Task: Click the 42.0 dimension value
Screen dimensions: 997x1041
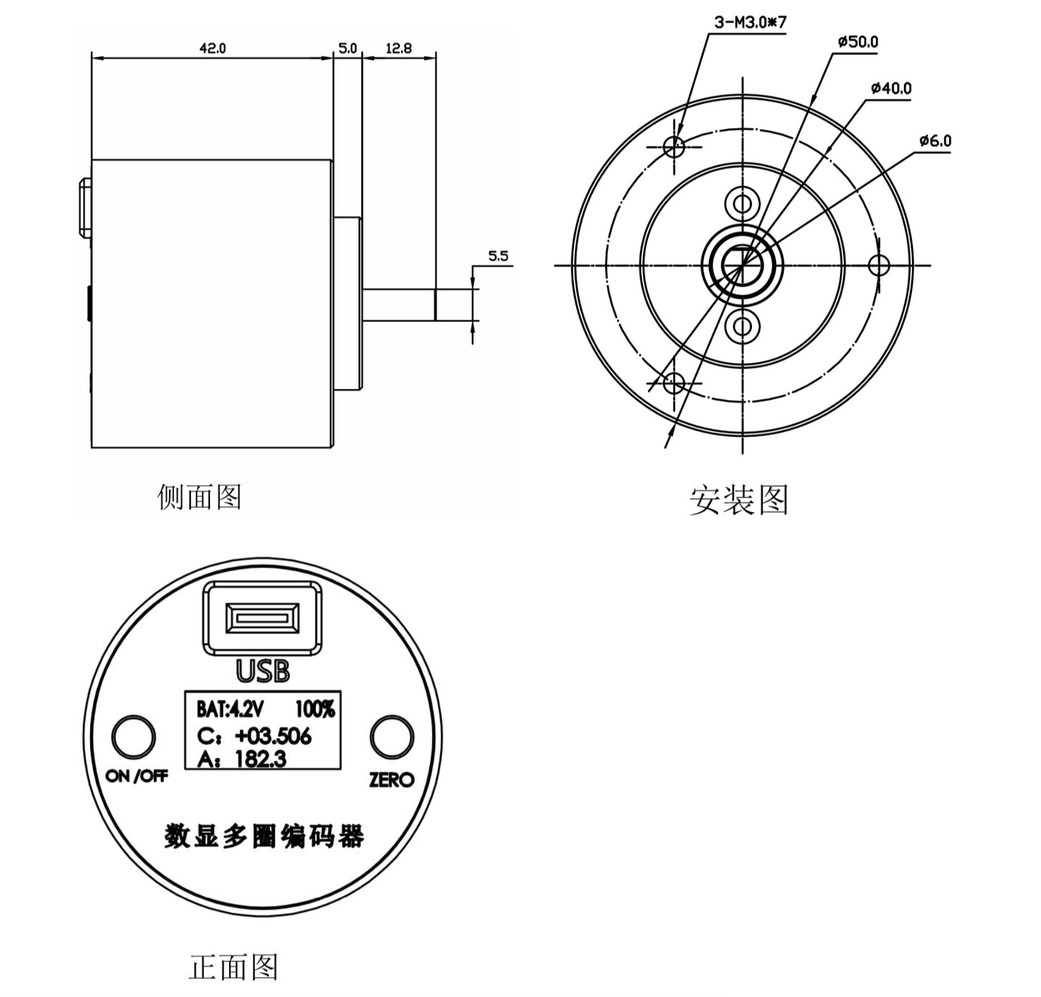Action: pos(212,48)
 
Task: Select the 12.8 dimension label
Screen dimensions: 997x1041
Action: pos(399,48)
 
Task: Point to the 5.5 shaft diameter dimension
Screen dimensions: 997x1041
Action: pos(498,256)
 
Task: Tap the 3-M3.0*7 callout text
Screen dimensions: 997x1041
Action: pos(750,23)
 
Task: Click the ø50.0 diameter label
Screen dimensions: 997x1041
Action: pos(857,42)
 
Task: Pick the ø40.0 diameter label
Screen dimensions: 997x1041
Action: pos(891,89)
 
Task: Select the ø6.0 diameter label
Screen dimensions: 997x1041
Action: pos(934,141)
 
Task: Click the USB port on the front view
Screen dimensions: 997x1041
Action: pos(263,618)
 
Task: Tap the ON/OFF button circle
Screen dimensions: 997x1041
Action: pos(133,737)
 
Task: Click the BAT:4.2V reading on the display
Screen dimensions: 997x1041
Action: pos(230,709)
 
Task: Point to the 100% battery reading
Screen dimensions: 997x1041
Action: pos(315,709)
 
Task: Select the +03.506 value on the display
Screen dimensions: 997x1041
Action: pos(273,736)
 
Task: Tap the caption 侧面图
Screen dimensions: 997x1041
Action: pos(199,497)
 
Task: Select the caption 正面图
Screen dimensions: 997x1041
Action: pos(233,967)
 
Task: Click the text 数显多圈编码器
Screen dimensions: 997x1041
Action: pos(264,836)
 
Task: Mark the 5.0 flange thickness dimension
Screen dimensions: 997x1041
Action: pos(347,48)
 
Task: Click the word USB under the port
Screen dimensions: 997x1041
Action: pos(263,671)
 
